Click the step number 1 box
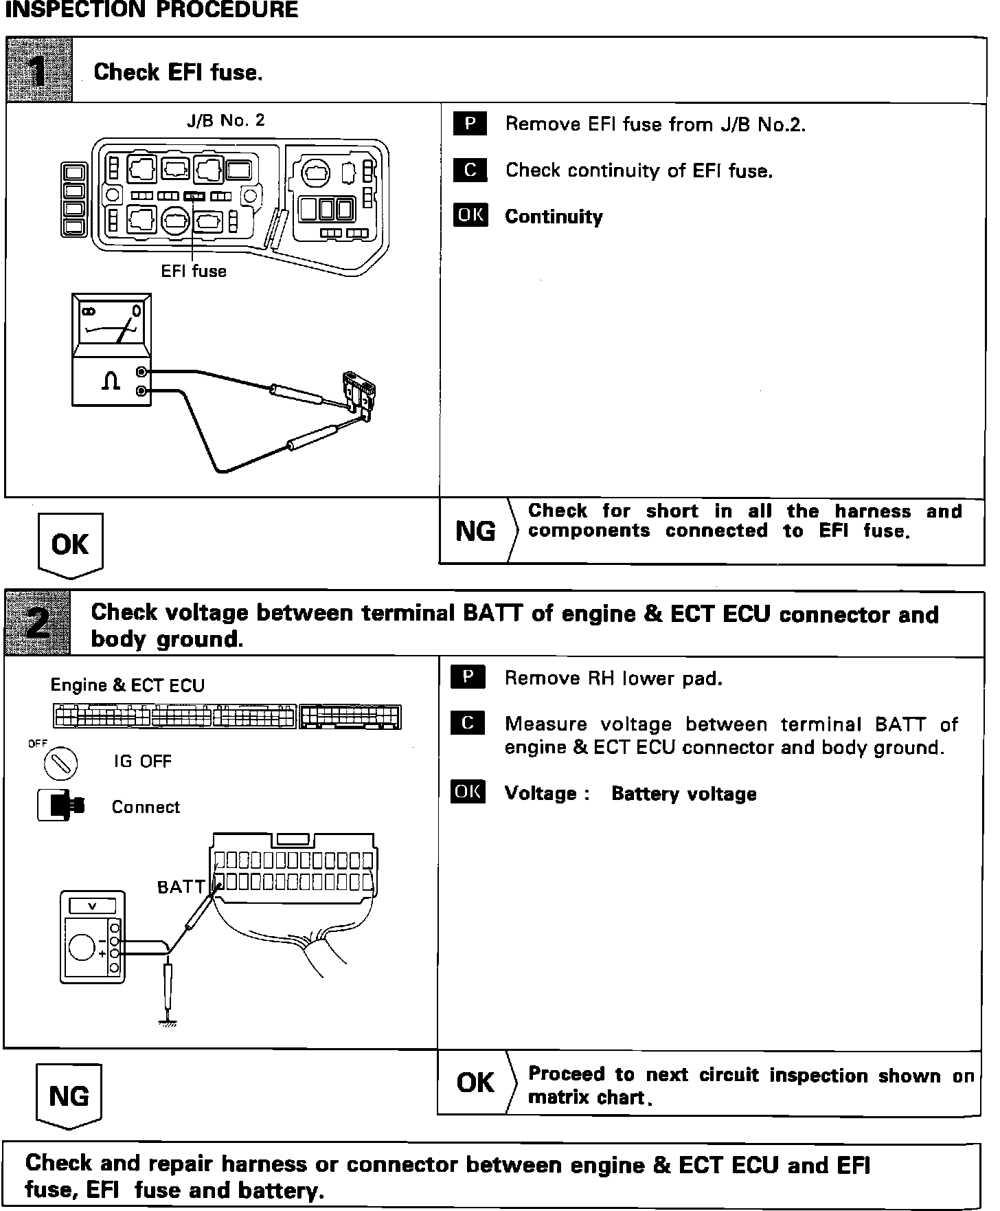pos(39,71)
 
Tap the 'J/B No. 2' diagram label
pos(225,121)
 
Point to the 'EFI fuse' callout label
pos(194,271)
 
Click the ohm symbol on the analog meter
pos(111,382)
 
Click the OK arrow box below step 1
pos(70,544)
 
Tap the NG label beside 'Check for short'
pos(475,531)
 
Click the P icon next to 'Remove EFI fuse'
pos(470,124)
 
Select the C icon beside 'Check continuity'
pos(470,170)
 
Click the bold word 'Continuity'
pos(554,216)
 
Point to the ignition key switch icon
pos(60,764)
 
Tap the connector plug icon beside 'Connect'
pos(62,806)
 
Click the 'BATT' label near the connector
pos(181,887)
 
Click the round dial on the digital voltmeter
pos(82,949)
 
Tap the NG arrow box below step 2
pos(69,1096)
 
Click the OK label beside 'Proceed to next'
pos(475,1083)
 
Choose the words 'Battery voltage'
pos(683,794)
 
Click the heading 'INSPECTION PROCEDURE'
pos(152,10)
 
